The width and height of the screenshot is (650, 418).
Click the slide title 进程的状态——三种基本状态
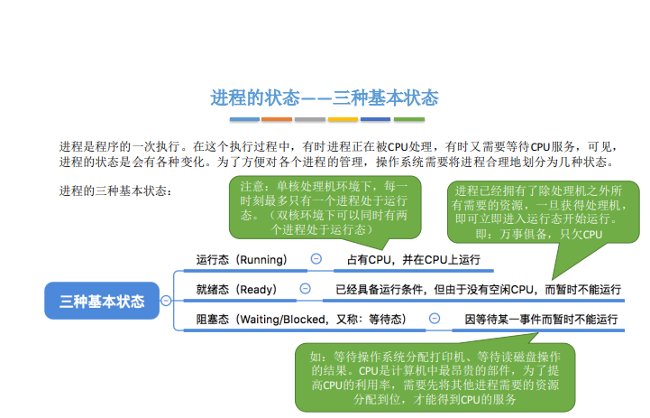pyautogui.click(x=325, y=98)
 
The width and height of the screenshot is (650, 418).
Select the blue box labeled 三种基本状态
pyautogui.click(x=102, y=301)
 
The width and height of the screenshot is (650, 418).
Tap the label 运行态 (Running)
pyautogui.click(x=242, y=260)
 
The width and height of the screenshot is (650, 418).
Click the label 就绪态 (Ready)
pyautogui.click(x=236, y=289)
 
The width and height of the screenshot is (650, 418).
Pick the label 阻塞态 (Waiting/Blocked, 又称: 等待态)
pyautogui.click(x=301, y=320)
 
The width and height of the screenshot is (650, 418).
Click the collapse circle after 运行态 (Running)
pyautogui.click(x=316, y=259)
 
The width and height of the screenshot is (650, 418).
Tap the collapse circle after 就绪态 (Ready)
pyautogui.click(x=305, y=289)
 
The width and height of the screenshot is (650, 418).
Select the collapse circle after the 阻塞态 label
pyautogui.click(x=435, y=319)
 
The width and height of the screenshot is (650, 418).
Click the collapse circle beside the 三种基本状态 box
pyautogui.click(x=166, y=301)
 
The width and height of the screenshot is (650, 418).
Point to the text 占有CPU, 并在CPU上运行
pyautogui.click(x=414, y=260)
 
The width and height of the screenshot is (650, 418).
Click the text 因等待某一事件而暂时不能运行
pyautogui.click(x=541, y=320)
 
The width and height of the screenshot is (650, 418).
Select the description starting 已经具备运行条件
pyautogui.click(x=478, y=289)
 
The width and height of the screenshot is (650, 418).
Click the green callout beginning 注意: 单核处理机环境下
pyautogui.click(x=325, y=208)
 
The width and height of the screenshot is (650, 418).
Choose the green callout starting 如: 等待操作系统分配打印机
pyautogui.click(x=435, y=377)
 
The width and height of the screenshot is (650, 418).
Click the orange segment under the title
pyautogui.click(x=277, y=119)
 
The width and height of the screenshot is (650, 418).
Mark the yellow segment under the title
pyautogui.click(x=343, y=119)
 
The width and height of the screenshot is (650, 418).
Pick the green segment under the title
pyautogui.click(x=409, y=119)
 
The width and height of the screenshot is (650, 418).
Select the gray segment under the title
pyautogui.click(x=310, y=119)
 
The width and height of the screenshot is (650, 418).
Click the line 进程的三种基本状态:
pyautogui.click(x=115, y=190)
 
